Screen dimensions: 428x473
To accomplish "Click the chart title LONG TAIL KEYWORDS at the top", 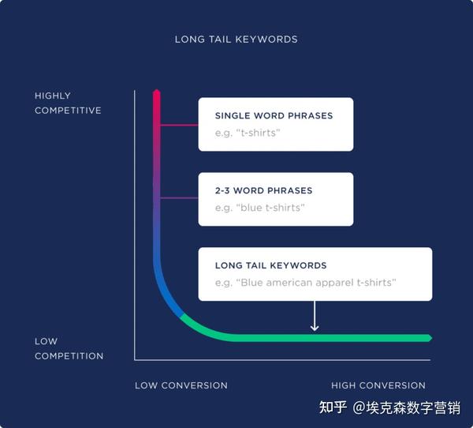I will tap(236, 39).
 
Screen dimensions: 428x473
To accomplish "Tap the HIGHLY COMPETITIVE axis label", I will tap(68, 103).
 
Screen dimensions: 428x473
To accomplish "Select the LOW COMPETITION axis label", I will tap(69, 349).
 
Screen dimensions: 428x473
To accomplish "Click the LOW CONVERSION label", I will tap(181, 385).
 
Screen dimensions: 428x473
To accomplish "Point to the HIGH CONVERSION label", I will tap(378, 385).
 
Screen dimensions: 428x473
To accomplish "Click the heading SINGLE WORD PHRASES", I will tap(274, 116).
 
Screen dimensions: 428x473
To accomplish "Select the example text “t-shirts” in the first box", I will tap(248, 133).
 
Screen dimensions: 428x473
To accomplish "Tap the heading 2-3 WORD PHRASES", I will tap(263, 190).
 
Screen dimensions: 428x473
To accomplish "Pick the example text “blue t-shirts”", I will tap(259, 208).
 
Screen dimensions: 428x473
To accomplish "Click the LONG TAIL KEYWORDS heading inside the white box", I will tap(270, 265).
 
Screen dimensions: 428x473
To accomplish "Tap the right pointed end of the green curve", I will tap(430, 338).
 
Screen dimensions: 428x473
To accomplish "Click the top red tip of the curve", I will tap(156, 93).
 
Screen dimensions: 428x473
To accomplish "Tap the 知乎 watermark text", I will tap(332, 408).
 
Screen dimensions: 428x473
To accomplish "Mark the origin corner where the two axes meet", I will tap(135, 360).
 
